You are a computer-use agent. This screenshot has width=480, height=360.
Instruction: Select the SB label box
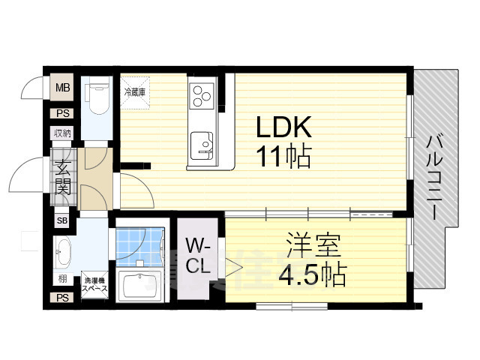62,221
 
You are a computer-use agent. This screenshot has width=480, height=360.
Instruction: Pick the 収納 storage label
62,133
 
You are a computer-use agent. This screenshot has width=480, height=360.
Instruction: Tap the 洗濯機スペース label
95,286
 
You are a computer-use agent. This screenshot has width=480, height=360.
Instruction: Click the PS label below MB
62,113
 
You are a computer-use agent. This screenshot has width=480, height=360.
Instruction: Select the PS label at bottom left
62,298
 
